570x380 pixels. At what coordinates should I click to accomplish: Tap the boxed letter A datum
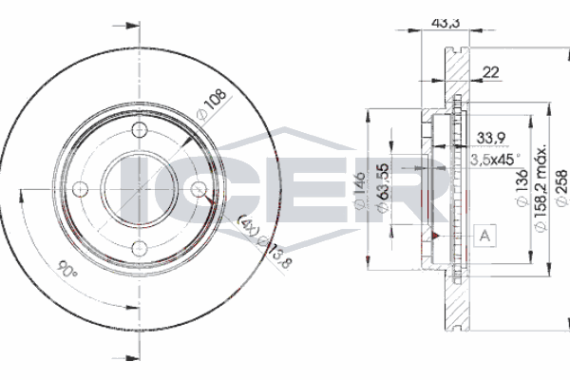pyautogui.click(x=485, y=234)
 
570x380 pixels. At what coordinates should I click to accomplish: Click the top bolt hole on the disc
pyautogui.click(x=139, y=130)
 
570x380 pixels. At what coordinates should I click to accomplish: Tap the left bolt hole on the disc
pyautogui.click(x=80, y=189)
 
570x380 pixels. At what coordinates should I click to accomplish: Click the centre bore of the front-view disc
pyautogui.click(x=139, y=189)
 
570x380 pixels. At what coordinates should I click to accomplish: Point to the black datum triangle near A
pyautogui.click(x=433, y=232)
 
